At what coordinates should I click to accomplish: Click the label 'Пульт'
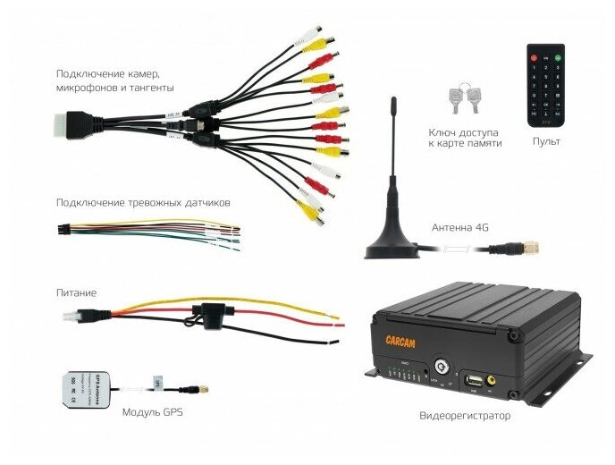coord(545,141)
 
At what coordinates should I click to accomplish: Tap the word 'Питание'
coord(76,292)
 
